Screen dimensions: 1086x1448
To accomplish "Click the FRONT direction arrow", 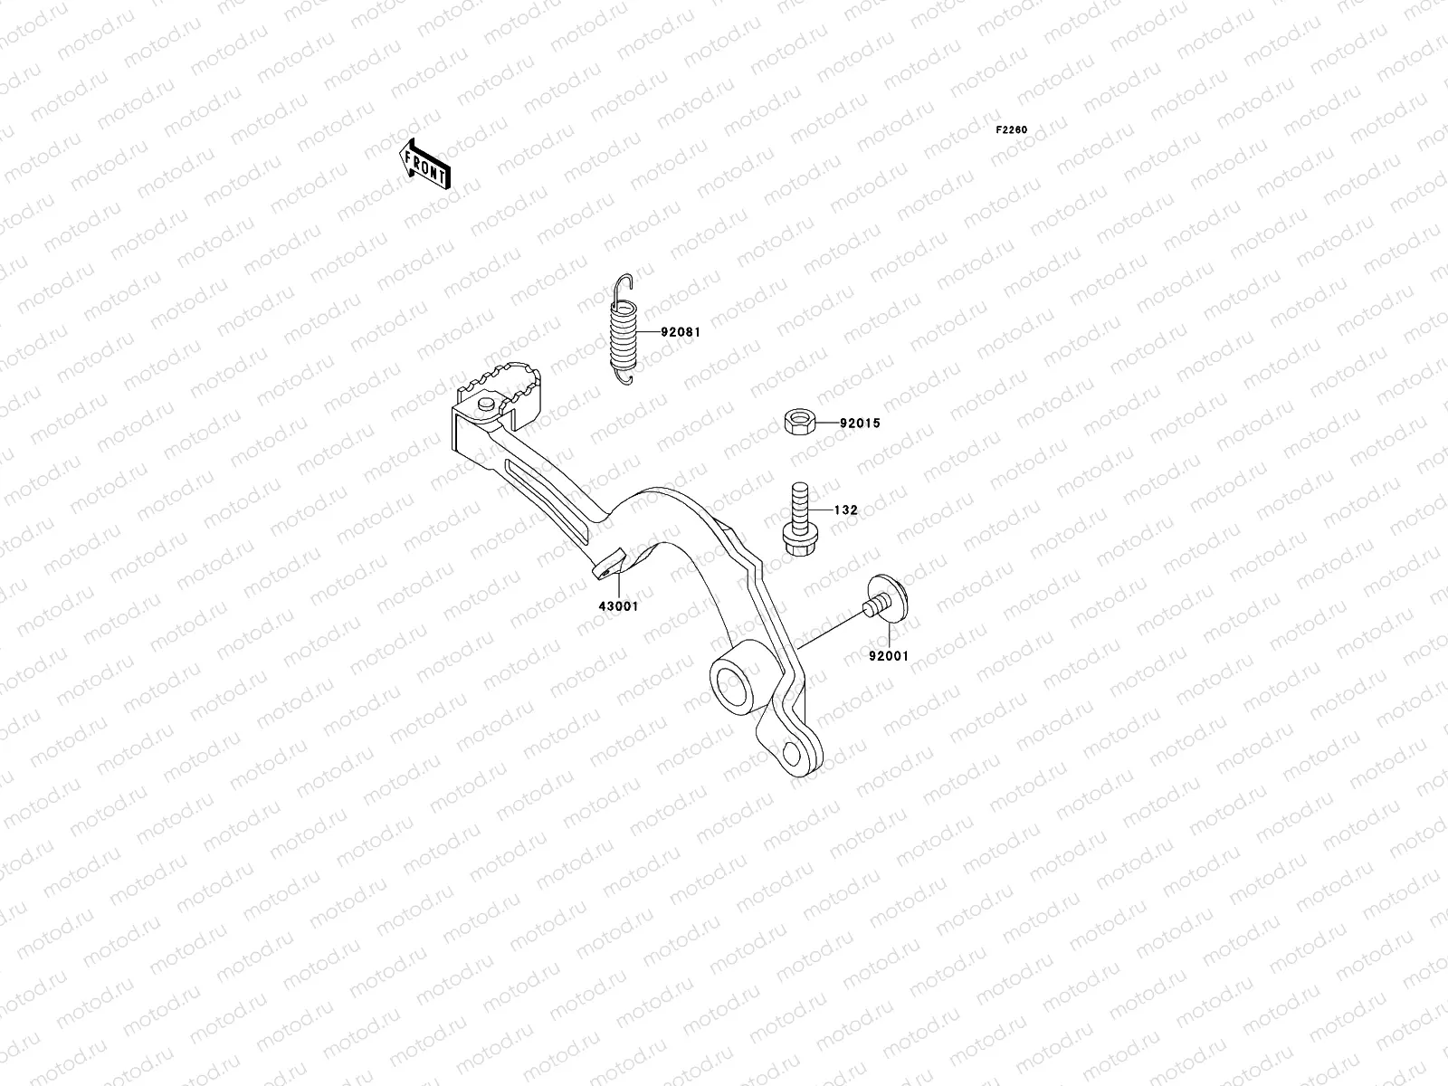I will (424, 165).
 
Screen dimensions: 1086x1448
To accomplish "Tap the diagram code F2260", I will (1012, 130).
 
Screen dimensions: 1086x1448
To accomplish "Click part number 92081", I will (681, 332).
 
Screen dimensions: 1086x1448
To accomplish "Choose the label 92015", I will (859, 423).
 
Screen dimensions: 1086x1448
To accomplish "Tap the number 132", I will (845, 510).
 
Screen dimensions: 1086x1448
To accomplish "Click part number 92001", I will (888, 656).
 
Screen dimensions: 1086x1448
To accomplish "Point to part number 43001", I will (619, 606).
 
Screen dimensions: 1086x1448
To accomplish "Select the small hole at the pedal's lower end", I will (793, 754).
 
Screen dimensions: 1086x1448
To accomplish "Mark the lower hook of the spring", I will (625, 375).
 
